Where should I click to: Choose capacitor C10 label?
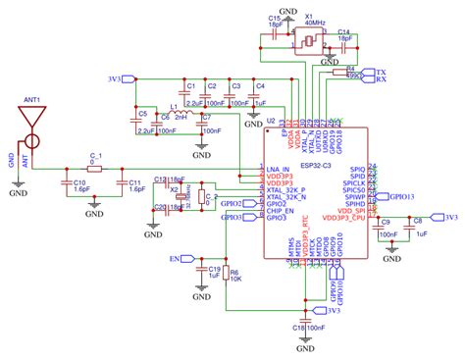coord(80,182)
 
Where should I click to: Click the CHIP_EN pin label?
coord(282,210)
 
